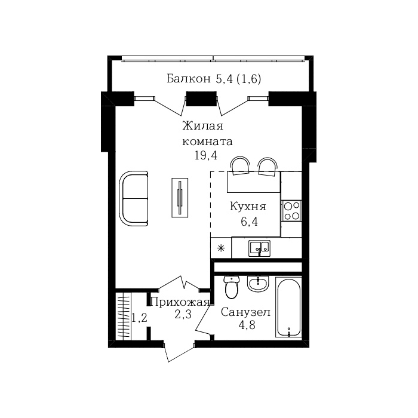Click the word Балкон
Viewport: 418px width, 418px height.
(188, 78)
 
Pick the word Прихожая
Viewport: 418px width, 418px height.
(179, 302)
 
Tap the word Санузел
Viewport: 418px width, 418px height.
(245, 312)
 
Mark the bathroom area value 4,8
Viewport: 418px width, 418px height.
(245, 325)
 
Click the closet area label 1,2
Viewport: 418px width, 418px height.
(139, 318)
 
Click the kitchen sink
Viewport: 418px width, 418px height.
(260, 246)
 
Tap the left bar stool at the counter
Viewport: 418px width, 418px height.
(241, 165)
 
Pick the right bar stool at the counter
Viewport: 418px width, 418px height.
(268, 166)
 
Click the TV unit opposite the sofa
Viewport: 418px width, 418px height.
(179, 198)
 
